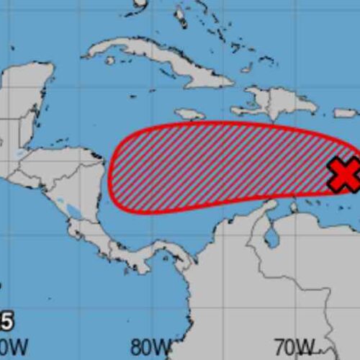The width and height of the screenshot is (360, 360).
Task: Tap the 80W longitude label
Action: click(x=150, y=346)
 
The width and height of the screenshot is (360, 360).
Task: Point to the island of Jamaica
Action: click(x=189, y=114)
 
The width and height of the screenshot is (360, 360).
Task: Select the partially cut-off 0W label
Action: click(x=14, y=346)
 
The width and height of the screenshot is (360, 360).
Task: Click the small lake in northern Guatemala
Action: click(x=21, y=154)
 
